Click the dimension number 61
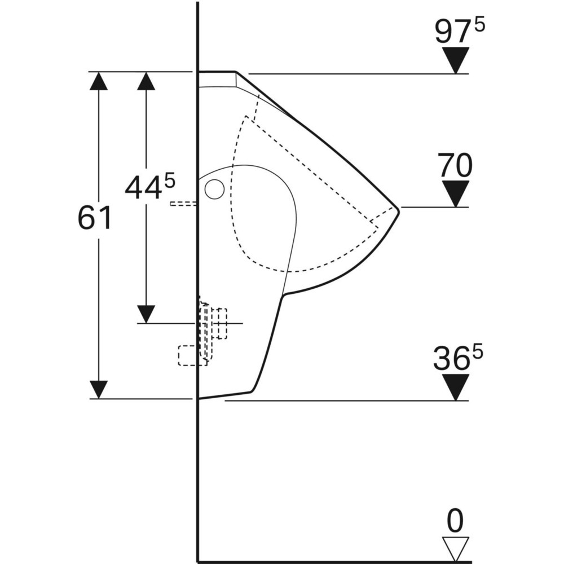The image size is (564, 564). tap(94, 218)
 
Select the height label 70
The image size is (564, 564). tap(455, 166)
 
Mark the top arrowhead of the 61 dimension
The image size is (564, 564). tap(99, 81)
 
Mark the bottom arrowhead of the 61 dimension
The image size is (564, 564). tap(99, 389)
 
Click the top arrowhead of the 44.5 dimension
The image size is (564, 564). tap(146, 81)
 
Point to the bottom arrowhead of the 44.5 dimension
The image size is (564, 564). tap(146, 314)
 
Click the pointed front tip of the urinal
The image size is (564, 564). tap(398, 209)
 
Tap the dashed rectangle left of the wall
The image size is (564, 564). tap(187, 355)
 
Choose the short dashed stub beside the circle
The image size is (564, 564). tap(183, 203)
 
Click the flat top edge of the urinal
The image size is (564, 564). tap(217, 72)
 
